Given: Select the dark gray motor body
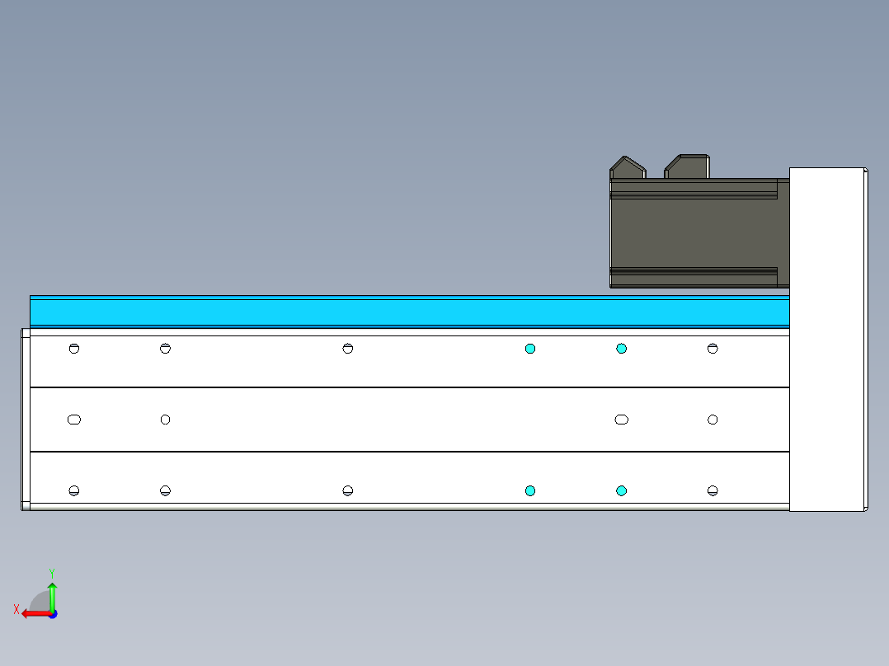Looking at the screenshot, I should (697, 232).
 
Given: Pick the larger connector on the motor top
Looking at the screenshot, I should (687, 166).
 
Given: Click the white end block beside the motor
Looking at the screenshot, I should (827, 339).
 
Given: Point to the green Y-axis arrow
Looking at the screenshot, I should (52, 595).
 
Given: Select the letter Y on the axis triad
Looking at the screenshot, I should (51, 572).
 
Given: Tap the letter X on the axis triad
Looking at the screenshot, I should (16, 610).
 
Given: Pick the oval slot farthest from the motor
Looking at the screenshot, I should (74, 420).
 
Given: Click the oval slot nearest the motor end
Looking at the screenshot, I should (622, 420).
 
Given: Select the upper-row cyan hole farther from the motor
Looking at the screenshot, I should (530, 349).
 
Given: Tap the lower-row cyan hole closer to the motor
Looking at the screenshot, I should (622, 491).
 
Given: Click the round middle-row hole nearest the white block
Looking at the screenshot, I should (713, 420).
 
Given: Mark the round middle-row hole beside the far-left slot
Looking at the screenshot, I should (165, 420).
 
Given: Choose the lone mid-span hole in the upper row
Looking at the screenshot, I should (348, 349).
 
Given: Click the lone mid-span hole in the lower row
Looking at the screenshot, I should (348, 491).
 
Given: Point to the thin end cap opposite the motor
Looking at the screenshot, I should (25, 419).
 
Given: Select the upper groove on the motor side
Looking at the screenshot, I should (693, 191).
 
